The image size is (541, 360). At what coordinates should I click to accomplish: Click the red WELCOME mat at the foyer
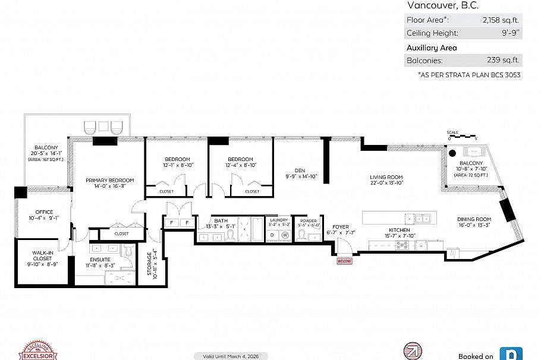(345, 261)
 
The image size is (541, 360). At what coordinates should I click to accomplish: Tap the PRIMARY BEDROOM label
(109, 180)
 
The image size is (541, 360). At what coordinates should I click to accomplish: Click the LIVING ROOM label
(386, 177)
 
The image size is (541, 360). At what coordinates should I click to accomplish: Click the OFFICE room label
(44, 212)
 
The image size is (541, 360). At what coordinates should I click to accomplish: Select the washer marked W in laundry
(285, 235)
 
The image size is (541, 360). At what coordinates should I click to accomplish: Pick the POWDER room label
(309, 219)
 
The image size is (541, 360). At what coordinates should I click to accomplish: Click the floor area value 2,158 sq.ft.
(501, 20)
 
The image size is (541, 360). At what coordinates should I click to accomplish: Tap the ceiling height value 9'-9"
(510, 33)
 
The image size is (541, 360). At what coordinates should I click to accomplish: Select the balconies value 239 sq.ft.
(503, 60)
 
